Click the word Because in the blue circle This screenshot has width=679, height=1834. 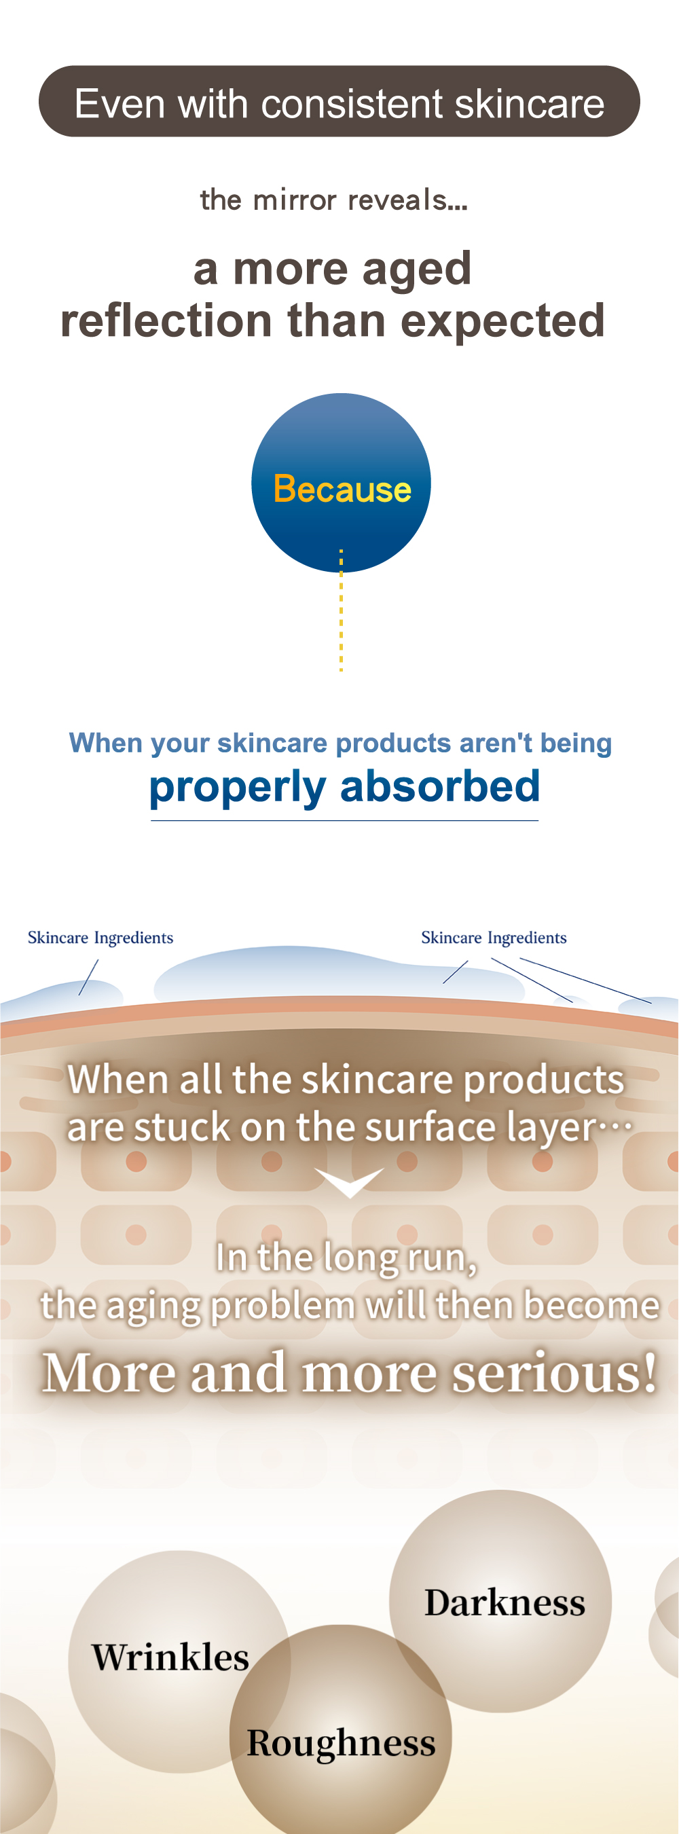pos(342,489)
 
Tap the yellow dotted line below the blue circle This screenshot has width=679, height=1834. pos(342,610)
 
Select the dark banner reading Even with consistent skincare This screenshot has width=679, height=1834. pos(339,101)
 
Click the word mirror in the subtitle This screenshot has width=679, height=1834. pos(295,200)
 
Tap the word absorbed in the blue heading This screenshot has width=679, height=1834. pos(441,786)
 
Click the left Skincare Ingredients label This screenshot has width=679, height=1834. pos(100,938)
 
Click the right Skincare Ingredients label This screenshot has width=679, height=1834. pos(494,938)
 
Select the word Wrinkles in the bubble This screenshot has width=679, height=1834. pos(171,1657)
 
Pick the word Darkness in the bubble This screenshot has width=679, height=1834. pos(504,1603)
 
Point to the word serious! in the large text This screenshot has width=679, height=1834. pos(555,1373)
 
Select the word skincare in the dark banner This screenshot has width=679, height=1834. pos(530,104)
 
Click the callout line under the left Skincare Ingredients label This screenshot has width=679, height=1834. pos(88,978)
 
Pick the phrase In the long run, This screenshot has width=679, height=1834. pos(346,1258)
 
